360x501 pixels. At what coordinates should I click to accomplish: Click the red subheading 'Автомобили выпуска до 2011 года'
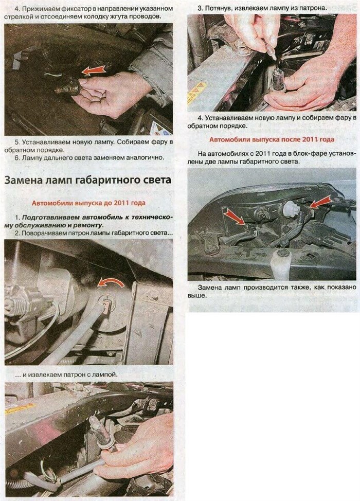pos(88,203)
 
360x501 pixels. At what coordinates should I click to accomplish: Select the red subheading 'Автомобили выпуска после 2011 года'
pos(272,139)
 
